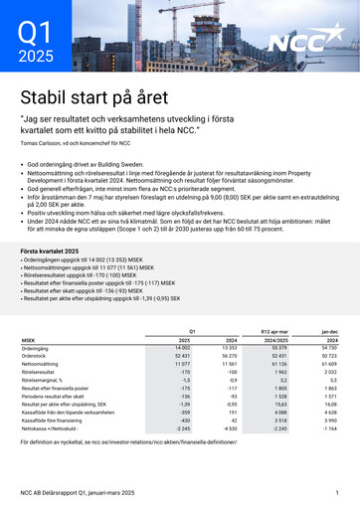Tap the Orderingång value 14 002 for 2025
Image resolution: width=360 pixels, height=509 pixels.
182,348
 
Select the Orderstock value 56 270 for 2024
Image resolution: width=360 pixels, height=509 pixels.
229,356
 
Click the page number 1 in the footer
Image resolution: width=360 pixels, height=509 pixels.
337,494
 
